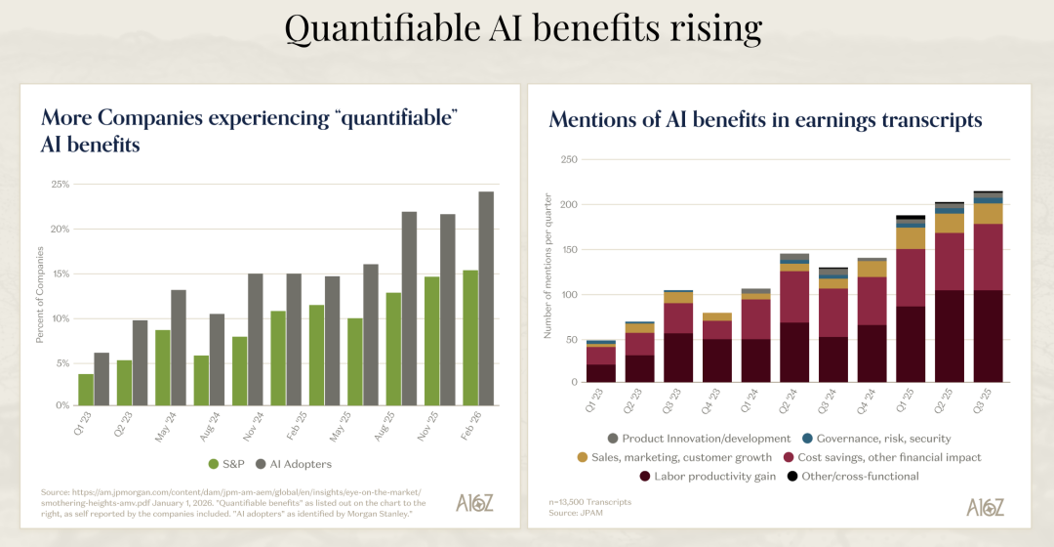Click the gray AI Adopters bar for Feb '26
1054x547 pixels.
click(486, 298)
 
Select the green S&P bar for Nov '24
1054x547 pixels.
click(240, 371)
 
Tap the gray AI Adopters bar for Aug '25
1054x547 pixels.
click(409, 309)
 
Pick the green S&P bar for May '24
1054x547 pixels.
click(163, 367)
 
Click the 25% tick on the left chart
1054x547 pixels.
click(60, 185)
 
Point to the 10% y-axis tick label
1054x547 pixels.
click(60, 318)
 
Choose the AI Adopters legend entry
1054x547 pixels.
click(295, 463)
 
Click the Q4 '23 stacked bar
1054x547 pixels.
click(716, 348)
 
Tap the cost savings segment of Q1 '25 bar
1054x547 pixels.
click(911, 277)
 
